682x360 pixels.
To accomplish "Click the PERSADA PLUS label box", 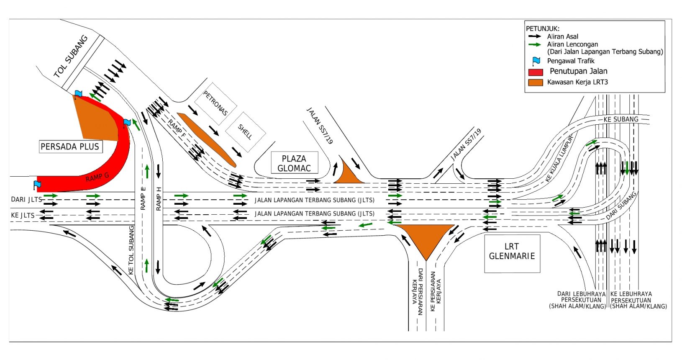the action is [71, 147].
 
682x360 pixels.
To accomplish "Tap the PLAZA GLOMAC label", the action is [295, 163].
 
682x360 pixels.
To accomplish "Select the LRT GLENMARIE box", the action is [512, 253].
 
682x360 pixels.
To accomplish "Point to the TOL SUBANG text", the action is [71, 57].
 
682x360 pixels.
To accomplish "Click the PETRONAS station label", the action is [215, 103].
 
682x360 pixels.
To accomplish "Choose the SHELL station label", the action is [245, 131].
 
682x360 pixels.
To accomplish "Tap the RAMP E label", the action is [143, 198].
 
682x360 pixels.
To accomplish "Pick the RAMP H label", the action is [158, 198].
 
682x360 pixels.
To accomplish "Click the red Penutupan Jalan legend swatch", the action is [536, 72].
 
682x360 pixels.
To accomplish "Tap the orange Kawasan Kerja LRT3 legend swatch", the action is [536, 82].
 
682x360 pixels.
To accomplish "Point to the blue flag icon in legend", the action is [536, 61].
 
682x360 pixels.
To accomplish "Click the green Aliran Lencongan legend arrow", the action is [535, 45].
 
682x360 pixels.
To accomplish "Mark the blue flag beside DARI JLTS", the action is [37, 185].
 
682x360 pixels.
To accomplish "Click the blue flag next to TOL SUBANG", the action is [78, 94].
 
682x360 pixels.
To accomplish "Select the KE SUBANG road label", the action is [621, 119].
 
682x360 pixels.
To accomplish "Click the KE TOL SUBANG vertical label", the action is [131, 250].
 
